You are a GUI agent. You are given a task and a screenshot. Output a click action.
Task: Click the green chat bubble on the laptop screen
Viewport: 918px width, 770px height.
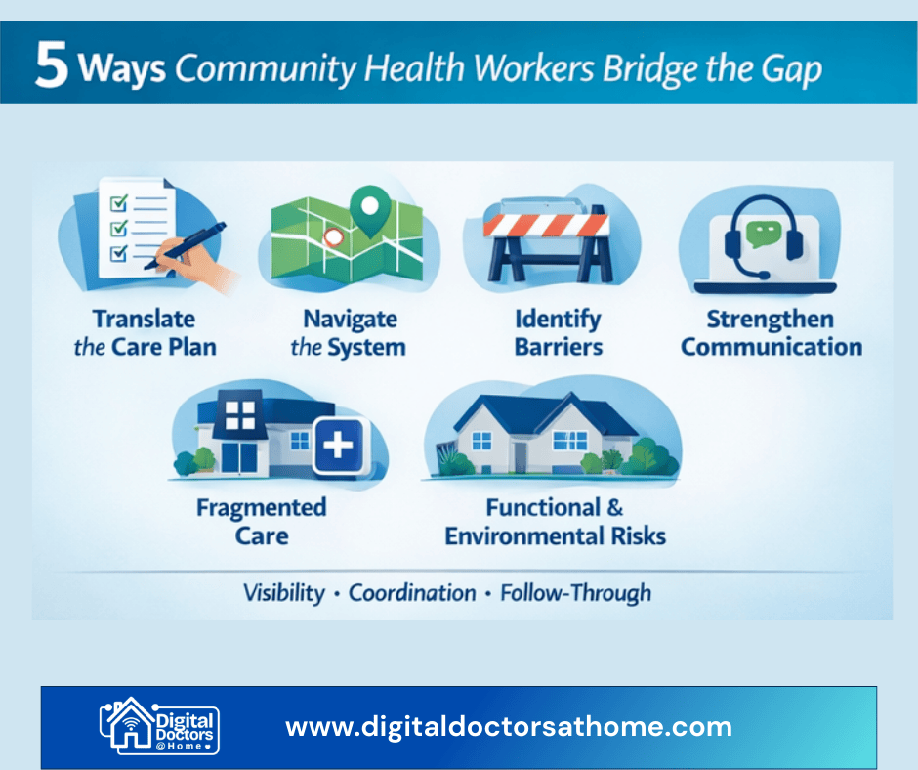pos(758,234)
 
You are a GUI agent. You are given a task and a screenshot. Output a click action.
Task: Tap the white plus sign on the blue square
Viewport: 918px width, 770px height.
pos(338,446)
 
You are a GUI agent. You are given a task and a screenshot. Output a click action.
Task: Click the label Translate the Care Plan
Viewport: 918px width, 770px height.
pos(145,332)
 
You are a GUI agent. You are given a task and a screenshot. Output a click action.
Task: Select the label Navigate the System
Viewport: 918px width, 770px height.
pos(349,332)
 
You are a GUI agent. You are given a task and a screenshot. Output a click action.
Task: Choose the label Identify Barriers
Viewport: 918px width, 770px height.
pos(558,332)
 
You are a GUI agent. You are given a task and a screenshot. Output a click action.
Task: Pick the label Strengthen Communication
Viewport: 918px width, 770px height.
pos(771,332)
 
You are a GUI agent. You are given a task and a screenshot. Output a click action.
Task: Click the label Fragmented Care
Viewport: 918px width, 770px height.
pos(261,521)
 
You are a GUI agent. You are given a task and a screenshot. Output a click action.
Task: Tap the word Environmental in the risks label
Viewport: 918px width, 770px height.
pos(528,535)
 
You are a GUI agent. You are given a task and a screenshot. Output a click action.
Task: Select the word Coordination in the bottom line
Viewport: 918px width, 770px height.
pos(412,592)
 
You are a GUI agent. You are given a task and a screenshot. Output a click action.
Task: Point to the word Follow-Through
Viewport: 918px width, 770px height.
pos(575,592)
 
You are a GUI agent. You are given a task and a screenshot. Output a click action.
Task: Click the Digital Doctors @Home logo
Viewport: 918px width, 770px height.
pos(159,725)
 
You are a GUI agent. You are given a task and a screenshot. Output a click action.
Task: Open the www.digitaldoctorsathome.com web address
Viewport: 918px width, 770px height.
pos(508,726)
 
